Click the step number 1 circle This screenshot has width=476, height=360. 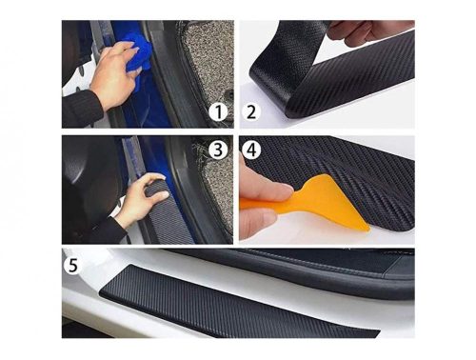point(218,112)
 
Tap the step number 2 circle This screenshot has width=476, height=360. point(251,112)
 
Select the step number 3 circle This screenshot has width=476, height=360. point(218,150)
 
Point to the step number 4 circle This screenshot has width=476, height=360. point(251,150)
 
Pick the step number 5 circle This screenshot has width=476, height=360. point(73,266)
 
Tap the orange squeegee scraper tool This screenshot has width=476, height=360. point(312,202)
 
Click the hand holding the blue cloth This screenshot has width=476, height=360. point(114,74)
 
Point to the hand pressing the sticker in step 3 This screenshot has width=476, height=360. point(140,198)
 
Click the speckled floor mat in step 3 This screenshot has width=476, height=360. point(217,190)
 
